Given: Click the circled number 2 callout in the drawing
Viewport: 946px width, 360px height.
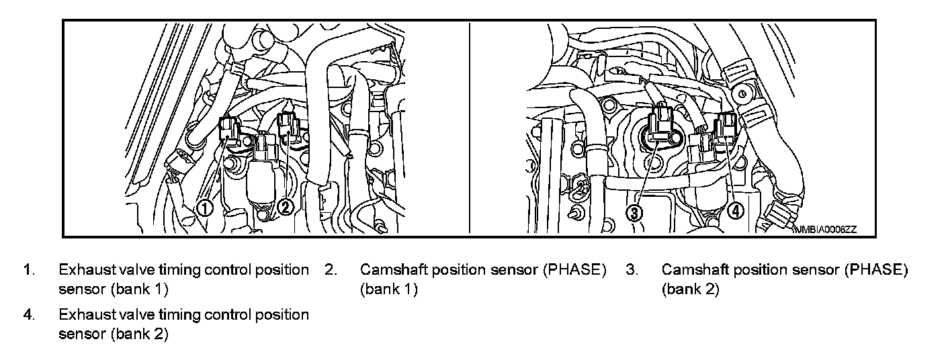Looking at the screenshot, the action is click(285, 208).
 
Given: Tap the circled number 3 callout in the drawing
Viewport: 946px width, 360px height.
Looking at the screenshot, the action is click(636, 212).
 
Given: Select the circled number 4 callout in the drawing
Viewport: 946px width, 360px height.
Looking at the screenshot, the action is click(736, 210).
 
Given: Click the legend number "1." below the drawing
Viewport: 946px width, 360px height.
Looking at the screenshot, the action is click(28, 270).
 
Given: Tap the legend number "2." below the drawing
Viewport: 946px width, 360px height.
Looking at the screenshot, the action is click(330, 270).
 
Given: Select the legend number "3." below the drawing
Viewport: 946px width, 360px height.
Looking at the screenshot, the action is click(631, 270).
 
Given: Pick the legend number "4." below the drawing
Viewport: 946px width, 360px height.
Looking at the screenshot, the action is click(29, 314).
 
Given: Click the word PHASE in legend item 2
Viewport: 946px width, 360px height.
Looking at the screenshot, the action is click(570, 270).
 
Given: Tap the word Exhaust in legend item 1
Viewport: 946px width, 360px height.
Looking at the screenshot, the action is click(82, 270).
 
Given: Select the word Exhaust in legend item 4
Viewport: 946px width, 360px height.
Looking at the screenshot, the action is click(82, 314).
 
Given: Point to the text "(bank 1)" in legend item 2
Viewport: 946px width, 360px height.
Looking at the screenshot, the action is click(389, 289).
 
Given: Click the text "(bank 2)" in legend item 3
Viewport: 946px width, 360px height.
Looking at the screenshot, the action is click(691, 289).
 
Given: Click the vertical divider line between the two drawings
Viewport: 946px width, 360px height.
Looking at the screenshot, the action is click(469, 128).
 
